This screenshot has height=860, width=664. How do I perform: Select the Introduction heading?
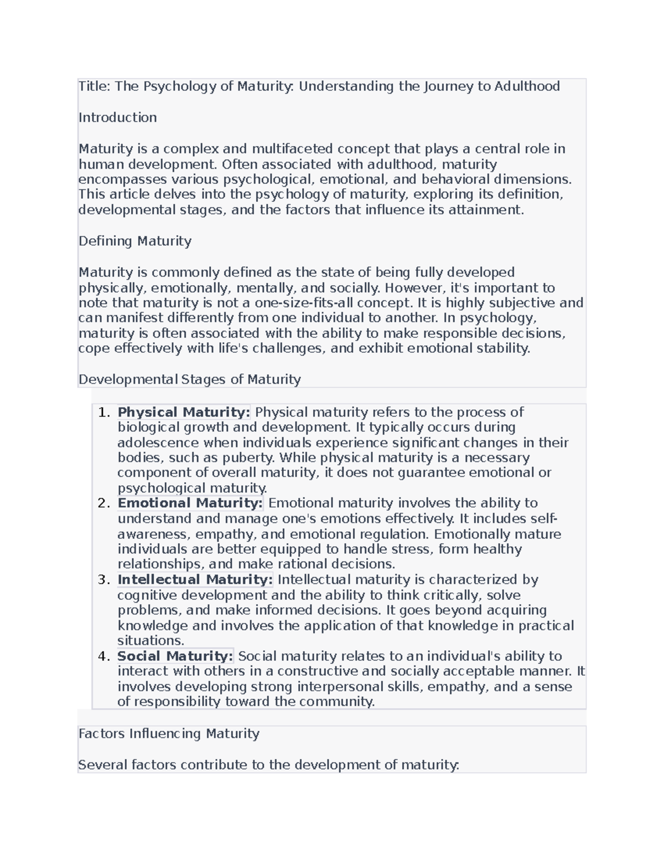coord(117,117)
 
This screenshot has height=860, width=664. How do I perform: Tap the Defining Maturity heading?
coord(135,241)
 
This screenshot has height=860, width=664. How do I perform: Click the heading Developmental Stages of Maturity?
coord(189,379)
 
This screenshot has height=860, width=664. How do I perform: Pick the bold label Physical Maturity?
coord(184,412)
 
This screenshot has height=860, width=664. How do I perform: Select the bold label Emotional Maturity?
coord(190,503)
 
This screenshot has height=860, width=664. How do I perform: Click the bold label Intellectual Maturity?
coord(195,579)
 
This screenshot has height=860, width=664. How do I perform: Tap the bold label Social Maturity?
coord(175,656)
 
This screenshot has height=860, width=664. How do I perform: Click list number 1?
coord(103,412)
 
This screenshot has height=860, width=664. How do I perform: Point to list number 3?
coord(103,579)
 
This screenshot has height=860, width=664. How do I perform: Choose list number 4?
coord(103,656)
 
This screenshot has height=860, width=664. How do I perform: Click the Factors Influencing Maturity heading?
coord(169,734)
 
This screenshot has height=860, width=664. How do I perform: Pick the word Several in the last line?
coord(103,765)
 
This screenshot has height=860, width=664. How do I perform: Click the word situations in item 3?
coord(150,641)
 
